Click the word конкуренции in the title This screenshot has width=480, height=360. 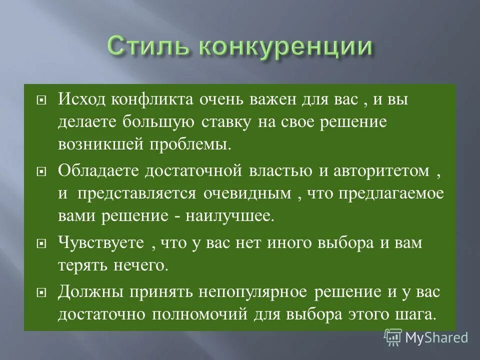click(285, 48)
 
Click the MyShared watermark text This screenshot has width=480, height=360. click(436, 337)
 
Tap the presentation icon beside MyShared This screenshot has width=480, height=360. click(393, 337)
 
